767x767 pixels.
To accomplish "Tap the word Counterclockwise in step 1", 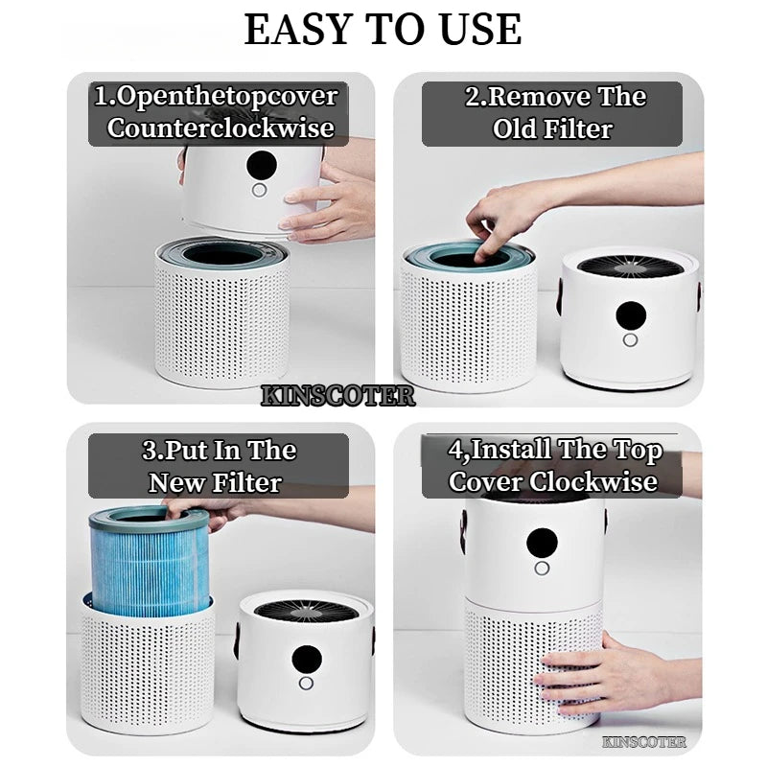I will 221,128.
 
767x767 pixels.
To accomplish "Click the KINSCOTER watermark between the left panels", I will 338,396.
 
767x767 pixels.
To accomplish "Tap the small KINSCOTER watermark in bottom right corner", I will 644,741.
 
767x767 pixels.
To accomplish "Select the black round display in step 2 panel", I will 632,315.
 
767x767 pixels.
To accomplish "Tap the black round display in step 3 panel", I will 306,659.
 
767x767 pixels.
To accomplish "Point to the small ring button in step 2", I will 631,340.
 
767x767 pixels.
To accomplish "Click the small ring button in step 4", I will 543,568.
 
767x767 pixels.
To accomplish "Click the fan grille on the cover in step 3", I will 305,607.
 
